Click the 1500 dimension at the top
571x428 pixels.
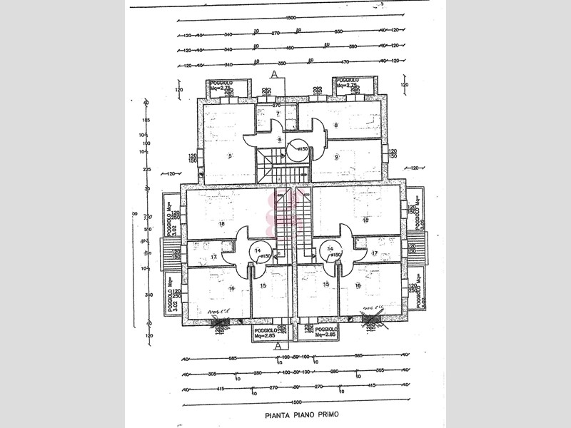(x=290, y=18)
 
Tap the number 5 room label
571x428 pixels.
(x=230, y=156)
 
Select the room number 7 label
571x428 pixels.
(x=278, y=113)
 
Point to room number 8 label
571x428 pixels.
(x=335, y=126)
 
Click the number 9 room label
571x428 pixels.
(x=335, y=157)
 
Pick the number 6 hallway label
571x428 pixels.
(x=270, y=139)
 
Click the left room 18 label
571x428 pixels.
(x=221, y=223)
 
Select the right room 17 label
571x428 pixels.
(x=375, y=253)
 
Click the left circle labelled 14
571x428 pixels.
(x=258, y=250)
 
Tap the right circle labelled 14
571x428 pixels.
(x=330, y=250)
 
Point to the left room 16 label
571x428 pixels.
(x=232, y=288)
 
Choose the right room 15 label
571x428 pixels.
(x=326, y=285)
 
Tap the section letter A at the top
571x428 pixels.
(x=273, y=74)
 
